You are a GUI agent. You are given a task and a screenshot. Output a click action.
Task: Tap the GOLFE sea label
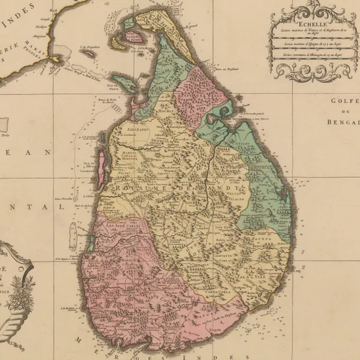point(343,101)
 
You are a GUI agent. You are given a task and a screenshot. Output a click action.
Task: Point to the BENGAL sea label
point(343,122)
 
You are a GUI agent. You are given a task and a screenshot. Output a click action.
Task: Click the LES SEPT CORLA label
point(122,226)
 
